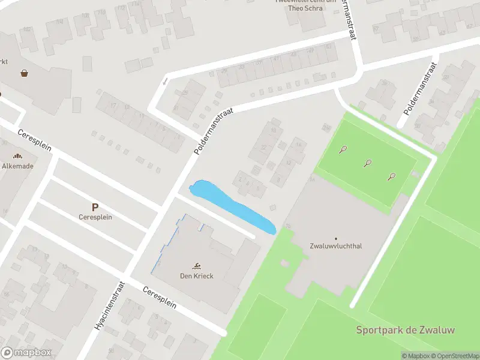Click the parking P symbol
tap(95, 206)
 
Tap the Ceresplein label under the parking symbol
tap(95, 217)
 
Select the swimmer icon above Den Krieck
tap(197, 266)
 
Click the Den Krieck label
tap(197, 276)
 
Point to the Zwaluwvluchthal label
tap(335, 246)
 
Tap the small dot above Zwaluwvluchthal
tap(335, 238)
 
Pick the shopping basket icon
tap(25, 73)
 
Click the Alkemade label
tap(17, 166)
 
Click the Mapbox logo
tap(26, 353)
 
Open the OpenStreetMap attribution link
tap(454, 356)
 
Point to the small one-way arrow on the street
tap(165, 80)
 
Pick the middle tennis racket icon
tap(367, 162)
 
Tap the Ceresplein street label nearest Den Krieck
tap(160, 296)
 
